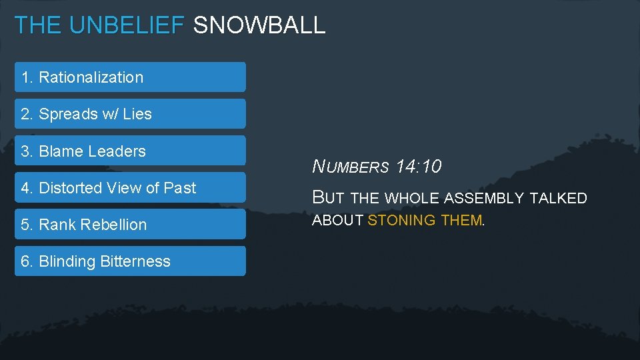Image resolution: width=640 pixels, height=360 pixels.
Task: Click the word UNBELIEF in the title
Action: point(127,25)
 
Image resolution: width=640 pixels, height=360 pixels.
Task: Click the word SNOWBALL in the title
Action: point(259,25)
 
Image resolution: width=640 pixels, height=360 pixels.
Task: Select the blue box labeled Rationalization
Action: point(130,77)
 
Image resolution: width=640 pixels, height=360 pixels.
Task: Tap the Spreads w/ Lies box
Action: point(130,114)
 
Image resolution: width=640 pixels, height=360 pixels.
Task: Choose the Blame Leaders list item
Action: point(130,151)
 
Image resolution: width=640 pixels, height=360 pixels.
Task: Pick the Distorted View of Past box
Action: point(130,188)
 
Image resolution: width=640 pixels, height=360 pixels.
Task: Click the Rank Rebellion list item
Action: point(130,225)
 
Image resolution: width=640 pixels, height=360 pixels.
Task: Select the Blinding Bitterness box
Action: point(130,261)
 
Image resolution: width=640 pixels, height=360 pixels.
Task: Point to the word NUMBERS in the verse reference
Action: point(351,167)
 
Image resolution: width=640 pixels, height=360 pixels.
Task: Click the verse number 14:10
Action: point(419,167)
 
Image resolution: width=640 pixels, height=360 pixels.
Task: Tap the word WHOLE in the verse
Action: point(415,198)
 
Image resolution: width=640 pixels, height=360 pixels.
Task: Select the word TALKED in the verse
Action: point(559,198)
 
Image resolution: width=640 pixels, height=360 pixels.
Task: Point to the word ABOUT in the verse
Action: point(338,221)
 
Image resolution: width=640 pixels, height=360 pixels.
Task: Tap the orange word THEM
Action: point(461,221)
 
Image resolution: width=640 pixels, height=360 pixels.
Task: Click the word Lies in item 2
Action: point(137,114)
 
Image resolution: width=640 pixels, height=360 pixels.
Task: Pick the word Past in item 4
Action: point(180,188)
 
